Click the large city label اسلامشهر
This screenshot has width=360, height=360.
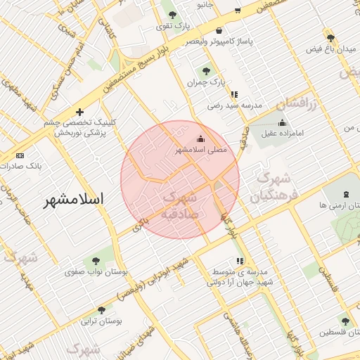(x=73, y=199)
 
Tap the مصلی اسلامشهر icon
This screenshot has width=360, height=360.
(x=201, y=139)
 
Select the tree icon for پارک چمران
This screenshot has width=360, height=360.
(x=206, y=71)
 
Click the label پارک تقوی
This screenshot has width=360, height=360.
(x=174, y=26)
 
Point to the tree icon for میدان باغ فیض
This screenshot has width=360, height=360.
(x=330, y=37)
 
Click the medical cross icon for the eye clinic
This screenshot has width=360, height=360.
(x=79, y=112)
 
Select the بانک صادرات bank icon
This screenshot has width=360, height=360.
(x=19, y=155)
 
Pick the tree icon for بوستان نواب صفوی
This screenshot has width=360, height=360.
(x=88, y=260)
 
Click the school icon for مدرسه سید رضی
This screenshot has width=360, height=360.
(x=234, y=94)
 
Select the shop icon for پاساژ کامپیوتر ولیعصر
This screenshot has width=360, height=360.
(x=219, y=31)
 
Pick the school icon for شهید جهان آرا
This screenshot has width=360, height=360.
(x=240, y=261)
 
